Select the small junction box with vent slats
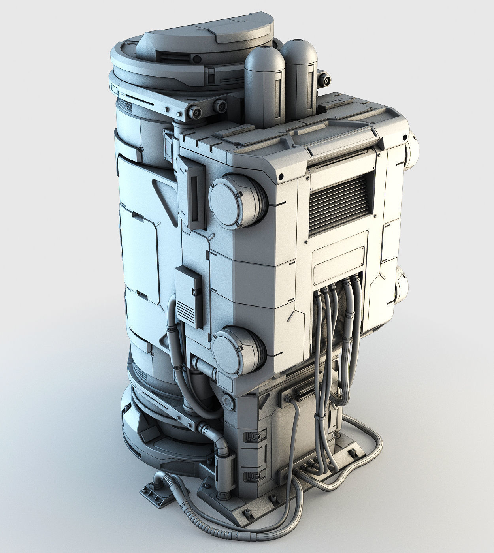(188, 296)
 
